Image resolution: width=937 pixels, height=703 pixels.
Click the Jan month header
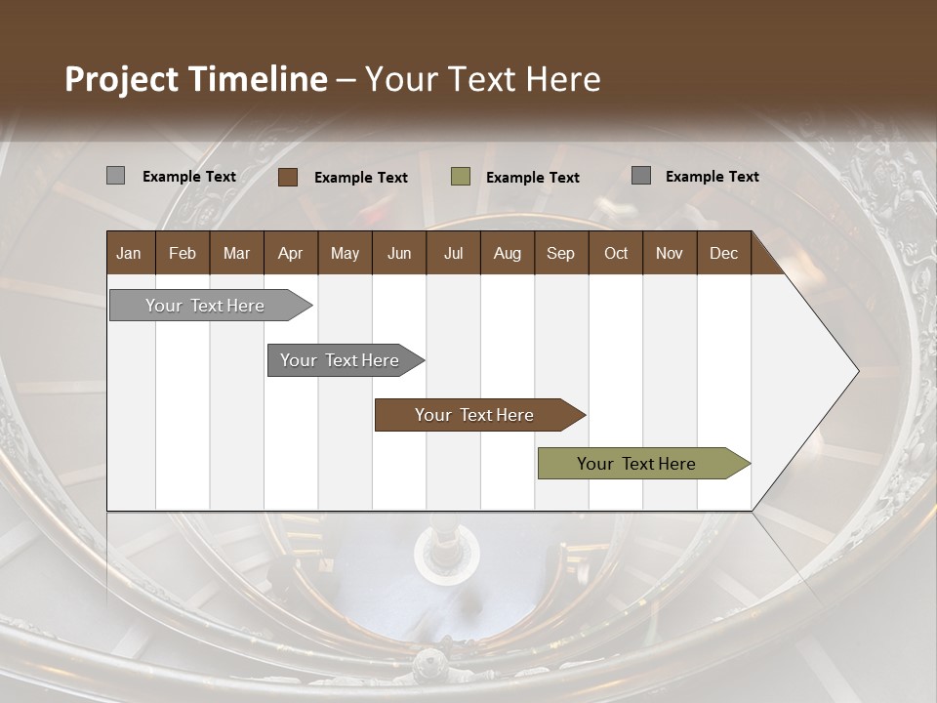point(129,254)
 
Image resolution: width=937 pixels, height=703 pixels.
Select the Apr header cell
point(290,254)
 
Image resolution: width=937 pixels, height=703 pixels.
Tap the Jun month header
point(398,254)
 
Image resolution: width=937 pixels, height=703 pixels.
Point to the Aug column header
point(507,254)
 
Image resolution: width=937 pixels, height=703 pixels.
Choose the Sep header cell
point(560,254)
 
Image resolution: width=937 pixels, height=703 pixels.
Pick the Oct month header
point(615,254)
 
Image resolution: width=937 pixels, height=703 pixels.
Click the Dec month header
point(723,254)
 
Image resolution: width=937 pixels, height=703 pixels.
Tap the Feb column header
point(183,254)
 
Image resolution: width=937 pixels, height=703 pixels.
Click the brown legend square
point(288,177)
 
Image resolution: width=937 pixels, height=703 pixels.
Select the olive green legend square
point(461,177)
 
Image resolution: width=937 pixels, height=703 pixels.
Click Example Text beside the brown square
point(360,178)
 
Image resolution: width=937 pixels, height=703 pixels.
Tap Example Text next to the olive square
point(532,178)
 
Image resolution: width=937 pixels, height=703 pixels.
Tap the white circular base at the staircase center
point(446,554)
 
